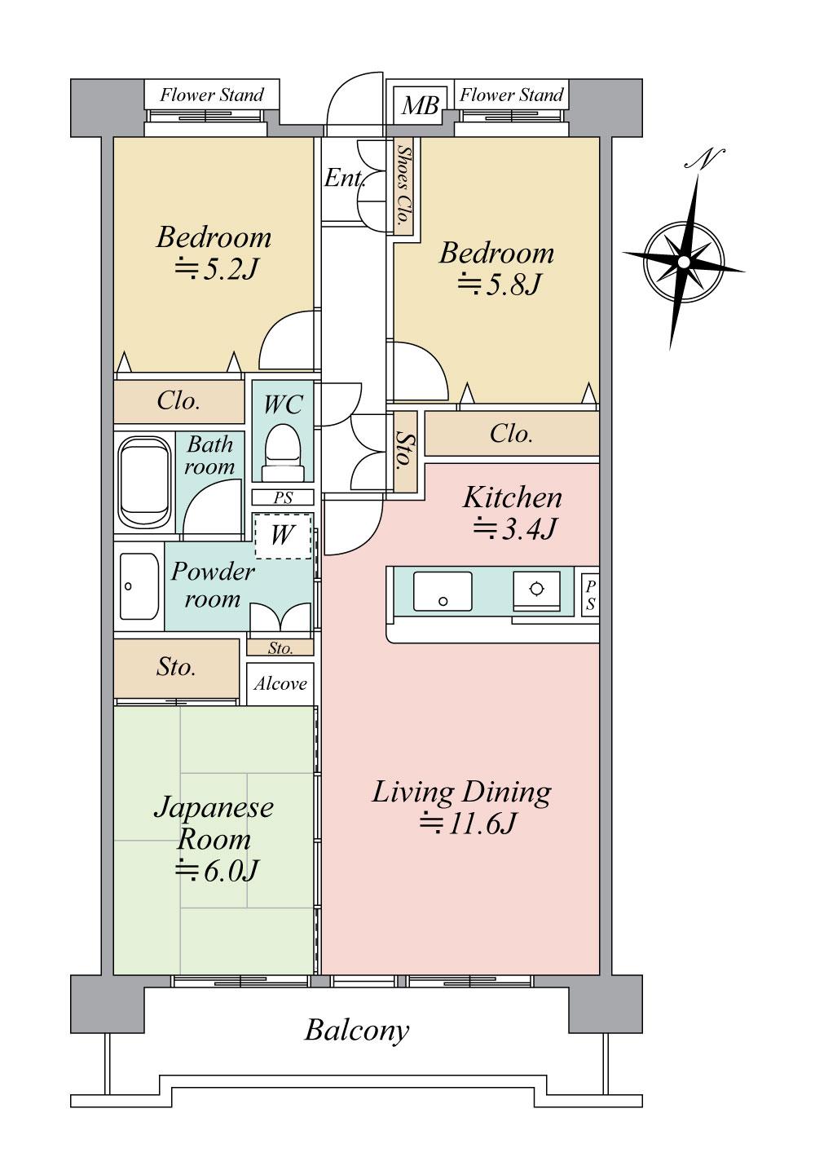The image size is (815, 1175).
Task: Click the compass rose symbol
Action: (x=683, y=261)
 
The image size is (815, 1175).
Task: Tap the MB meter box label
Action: (x=421, y=105)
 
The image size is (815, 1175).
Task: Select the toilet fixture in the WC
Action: (x=283, y=451)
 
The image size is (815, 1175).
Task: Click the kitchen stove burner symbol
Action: (x=536, y=590)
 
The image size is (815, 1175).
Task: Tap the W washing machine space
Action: (x=282, y=536)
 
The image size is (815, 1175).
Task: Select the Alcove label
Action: (x=280, y=683)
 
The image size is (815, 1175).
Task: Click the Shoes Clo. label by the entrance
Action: (x=403, y=187)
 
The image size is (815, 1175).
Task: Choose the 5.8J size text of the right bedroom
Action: (x=500, y=285)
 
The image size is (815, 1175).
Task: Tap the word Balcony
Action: (x=356, y=1031)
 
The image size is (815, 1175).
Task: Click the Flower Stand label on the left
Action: (x=212, y=95)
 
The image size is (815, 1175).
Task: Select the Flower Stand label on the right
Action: (x=511, y=95)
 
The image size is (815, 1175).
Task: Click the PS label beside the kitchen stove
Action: (x=590, y=596)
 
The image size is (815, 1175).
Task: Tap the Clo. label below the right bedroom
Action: (x=511, y=434)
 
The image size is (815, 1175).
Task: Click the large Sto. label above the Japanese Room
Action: (x=176, y=667)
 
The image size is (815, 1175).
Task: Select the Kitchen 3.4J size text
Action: (x=515, y=529)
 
